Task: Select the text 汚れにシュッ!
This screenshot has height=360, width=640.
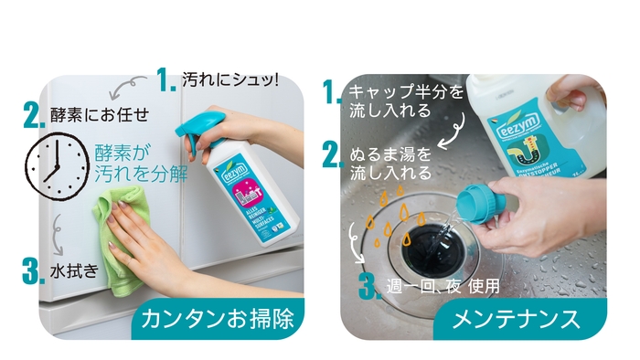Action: click(229, 79)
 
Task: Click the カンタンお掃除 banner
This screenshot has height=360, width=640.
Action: click(220, 319)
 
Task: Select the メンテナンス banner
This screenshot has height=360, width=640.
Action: click(519, 320)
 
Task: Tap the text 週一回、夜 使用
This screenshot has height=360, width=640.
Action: click(443, 285)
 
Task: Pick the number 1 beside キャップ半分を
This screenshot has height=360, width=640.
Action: click(332, 92)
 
